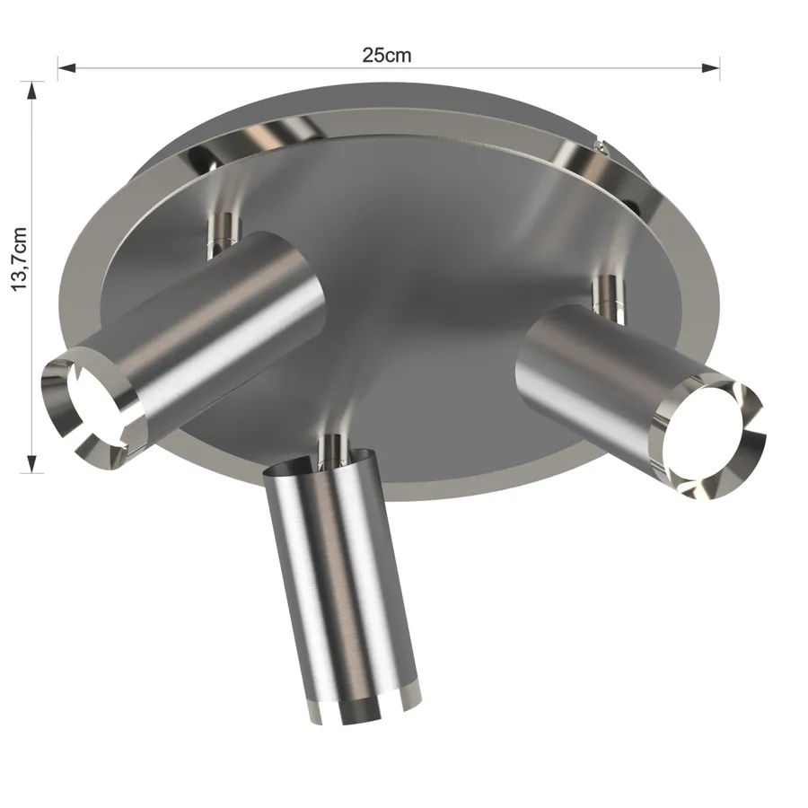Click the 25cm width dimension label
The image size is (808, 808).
point(386,55)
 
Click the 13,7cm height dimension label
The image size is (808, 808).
point(19,259)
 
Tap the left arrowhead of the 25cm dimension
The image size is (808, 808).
point(67,67)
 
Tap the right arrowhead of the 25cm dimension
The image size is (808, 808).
point(711,67)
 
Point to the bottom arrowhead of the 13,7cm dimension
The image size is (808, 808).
point(32,464)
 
